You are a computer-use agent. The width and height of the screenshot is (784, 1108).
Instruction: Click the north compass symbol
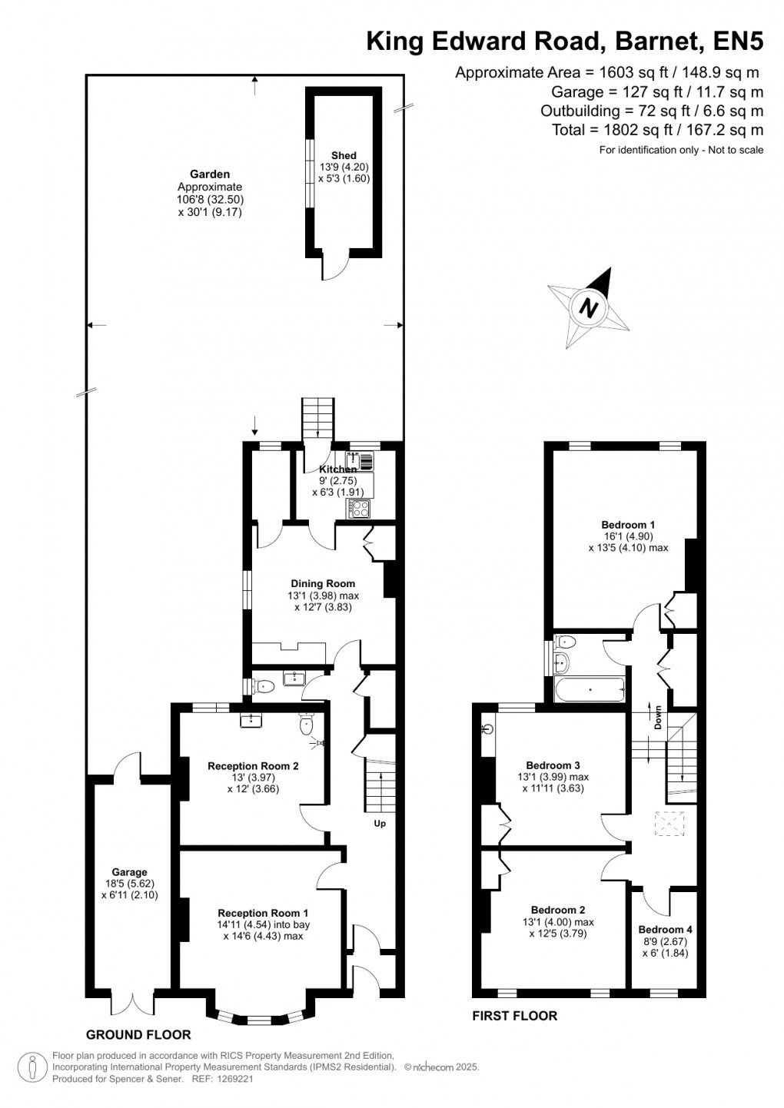(590, 308)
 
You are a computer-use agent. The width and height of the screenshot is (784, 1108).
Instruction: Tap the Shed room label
(344, 156)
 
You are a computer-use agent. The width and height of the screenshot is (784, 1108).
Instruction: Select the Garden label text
(210, 174)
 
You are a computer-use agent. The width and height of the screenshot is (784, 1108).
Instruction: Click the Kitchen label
(338, 469)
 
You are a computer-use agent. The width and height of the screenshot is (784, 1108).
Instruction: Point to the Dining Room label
(323, 583)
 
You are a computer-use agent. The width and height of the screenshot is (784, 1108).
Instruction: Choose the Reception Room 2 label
(253, 765)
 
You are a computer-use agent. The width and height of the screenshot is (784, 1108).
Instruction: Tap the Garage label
(129, 872)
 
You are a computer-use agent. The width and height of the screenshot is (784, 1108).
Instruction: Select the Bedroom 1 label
(628, 525)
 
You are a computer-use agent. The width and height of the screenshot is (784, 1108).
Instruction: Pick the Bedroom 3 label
(553, 765)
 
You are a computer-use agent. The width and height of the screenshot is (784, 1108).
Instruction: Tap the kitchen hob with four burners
(359, 507)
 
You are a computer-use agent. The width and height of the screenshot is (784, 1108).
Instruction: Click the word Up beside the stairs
(380, 824)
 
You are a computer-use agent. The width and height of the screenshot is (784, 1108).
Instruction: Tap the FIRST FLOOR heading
(514, 1016)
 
